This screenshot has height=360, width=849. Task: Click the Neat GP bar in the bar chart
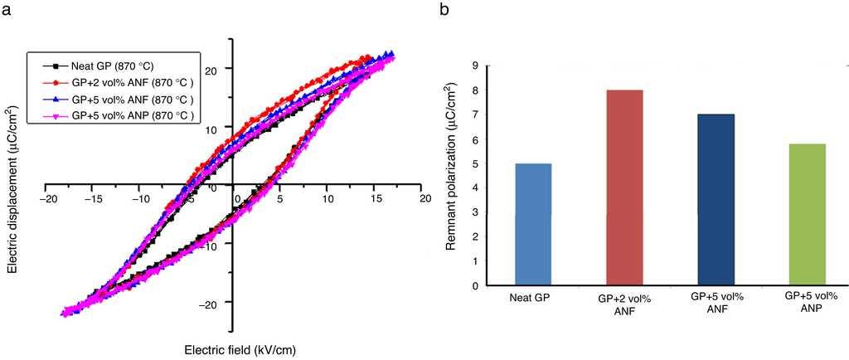pos(533,224)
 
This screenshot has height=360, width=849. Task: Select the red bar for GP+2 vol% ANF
pos(625,187)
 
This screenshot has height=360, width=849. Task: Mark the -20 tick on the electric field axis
pos(50,199)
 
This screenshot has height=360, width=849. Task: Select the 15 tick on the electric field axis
pos(376,199)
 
